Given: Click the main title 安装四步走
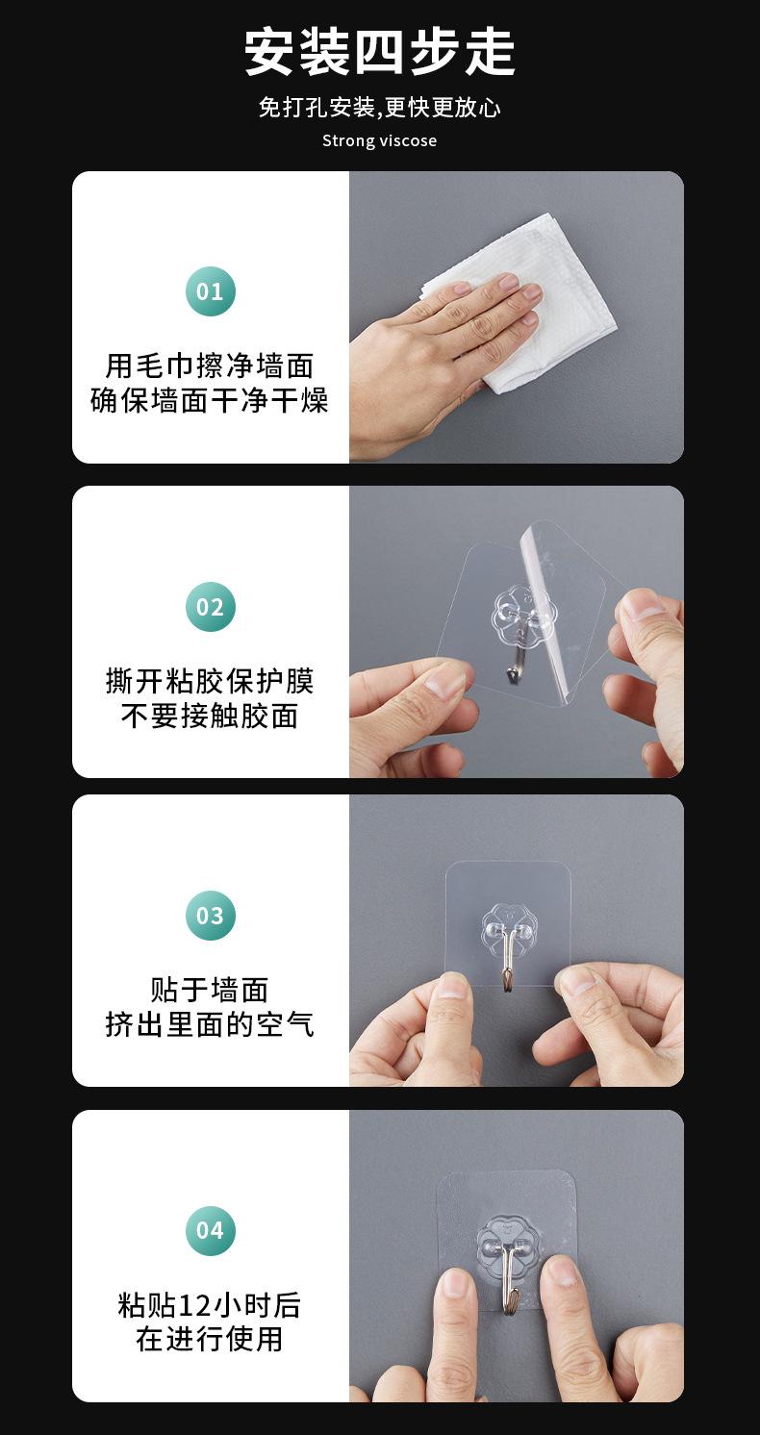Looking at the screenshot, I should tap(379, 52).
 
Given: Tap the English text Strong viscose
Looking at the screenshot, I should tap(379, 140).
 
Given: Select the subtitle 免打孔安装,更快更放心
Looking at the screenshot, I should tap(379, 107).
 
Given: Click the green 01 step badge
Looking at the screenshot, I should tap(210, 291).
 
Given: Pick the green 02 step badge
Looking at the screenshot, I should tap(210, 607).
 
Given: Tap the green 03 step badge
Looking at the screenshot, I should tap(210, 915).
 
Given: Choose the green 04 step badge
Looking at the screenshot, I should tap(210, 1230).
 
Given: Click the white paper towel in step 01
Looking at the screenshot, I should tap(539, 289).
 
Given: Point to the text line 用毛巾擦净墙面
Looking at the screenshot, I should tap(210, 365).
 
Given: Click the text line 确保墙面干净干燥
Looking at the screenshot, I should tap(210, 400).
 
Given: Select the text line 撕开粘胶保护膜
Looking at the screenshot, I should tap(210, 681).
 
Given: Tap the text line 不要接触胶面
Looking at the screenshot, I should tap(210, 716).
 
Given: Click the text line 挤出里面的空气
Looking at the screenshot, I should tap(210, 1024).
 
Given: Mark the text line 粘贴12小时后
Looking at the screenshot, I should tap(210, 1305).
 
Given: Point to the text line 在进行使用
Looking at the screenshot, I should tap(210, 1339).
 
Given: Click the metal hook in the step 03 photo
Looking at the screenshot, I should tap(507, 962).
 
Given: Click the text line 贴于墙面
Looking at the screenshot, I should tap(210, 990).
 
